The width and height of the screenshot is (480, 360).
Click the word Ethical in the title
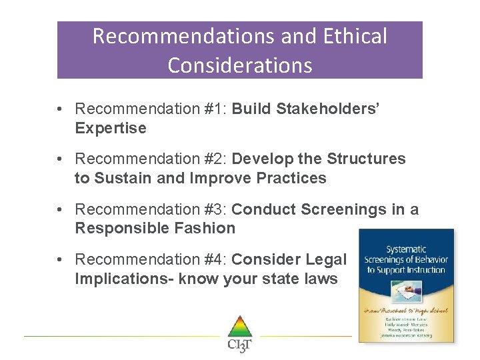pos(355,36)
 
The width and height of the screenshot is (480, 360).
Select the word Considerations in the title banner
pos(240,65)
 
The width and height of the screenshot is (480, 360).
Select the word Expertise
pos(111,128)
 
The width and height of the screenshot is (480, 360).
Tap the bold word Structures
pos(366,159)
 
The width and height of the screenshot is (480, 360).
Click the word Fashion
pos(206,229)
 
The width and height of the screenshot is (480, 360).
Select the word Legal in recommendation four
pos(327,260)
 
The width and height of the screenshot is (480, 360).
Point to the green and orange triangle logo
pos(240,327)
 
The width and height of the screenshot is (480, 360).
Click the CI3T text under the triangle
pos(240,345)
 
